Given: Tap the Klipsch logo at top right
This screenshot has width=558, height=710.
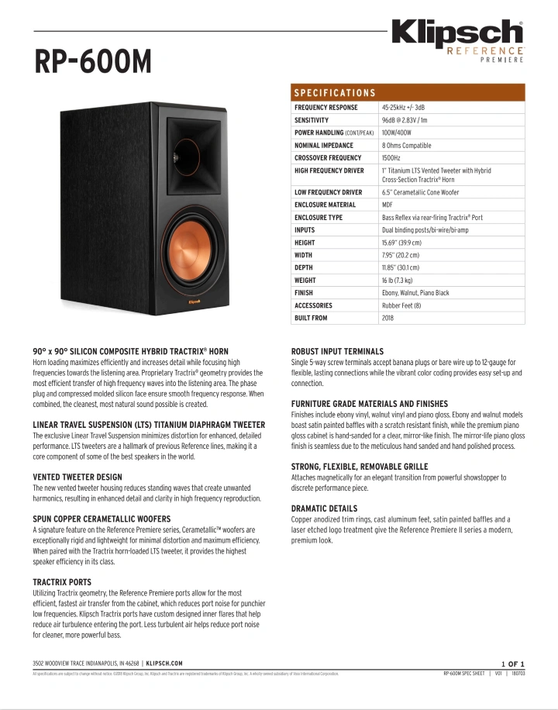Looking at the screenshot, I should (457, 35).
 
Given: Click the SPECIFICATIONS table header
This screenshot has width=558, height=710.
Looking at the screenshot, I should (335, 93).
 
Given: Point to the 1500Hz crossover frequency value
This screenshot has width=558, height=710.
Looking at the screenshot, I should (391, 157).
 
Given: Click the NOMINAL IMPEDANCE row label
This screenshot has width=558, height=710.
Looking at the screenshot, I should (323, 145).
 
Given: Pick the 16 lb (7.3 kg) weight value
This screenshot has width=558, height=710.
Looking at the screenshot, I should (397, 280).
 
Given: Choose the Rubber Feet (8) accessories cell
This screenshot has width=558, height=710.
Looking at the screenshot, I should (401, 305).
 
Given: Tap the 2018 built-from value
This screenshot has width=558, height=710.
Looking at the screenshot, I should (387, 318).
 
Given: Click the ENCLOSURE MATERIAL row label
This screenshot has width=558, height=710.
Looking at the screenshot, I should (325, 205).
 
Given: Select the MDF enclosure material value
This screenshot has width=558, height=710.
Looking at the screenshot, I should (387, 205).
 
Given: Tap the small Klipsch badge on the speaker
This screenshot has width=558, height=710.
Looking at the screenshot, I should (195, 302).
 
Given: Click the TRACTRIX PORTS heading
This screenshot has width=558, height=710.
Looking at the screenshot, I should (62, 582).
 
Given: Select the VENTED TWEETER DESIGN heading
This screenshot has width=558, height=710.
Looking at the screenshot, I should (77, 477).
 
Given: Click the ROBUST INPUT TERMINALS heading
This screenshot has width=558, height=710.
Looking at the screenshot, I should (337, 352).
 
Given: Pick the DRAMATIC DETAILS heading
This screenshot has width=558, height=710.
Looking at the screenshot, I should (324, 509).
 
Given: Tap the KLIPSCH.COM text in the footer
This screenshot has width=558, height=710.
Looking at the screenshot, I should (164, 663).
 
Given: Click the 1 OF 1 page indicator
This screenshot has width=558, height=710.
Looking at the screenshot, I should (513, 663).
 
